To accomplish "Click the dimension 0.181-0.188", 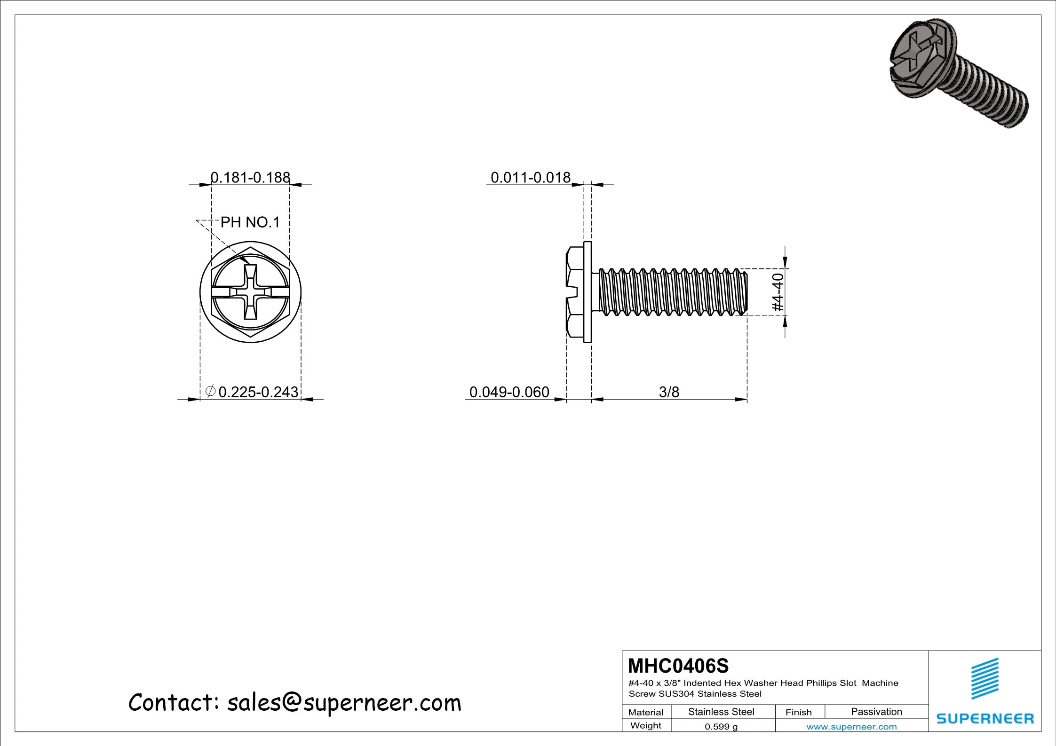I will (250, 177).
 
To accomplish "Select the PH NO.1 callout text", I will (250, 222).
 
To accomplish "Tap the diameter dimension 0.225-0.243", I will (258, 392).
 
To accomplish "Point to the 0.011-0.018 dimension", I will (530, 177).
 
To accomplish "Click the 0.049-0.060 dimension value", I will (509, 392).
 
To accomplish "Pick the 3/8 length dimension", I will (669, 392).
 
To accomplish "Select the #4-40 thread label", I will (778, 292).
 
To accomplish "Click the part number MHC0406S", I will (678, 666).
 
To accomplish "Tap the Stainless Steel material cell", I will (721, 712).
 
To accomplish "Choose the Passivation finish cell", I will (876, 712).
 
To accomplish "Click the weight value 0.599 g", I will (721, 727).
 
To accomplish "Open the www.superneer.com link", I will (851, 727).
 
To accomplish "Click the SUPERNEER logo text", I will (985, 718).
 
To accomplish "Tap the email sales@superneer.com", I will (344, 703).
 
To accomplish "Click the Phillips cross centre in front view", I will (250, 292).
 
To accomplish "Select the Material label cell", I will (645, 712).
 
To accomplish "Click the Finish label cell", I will (798, 712).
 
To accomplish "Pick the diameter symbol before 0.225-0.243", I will (211, 391).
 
